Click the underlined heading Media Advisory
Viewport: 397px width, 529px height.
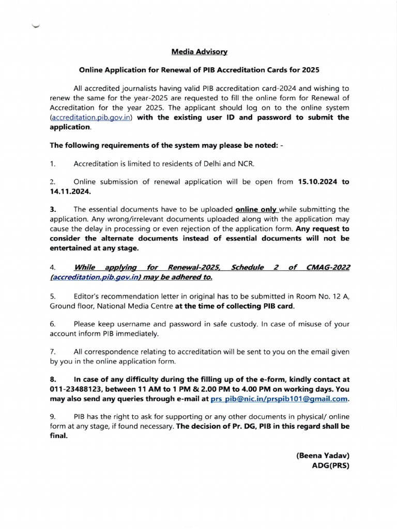[x=199, y=52]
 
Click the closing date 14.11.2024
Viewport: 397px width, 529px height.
[x=70, y=191]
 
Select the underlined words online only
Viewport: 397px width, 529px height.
[x=256, y=209]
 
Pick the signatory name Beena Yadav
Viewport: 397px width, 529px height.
[x=323, y=456]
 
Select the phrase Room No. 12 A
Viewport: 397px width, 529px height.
[x=319, y=296]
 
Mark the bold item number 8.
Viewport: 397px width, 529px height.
[x=53, y=381]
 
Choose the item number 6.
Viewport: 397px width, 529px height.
[x=52, y=324]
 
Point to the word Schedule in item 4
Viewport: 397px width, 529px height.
[x=247, y=267]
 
